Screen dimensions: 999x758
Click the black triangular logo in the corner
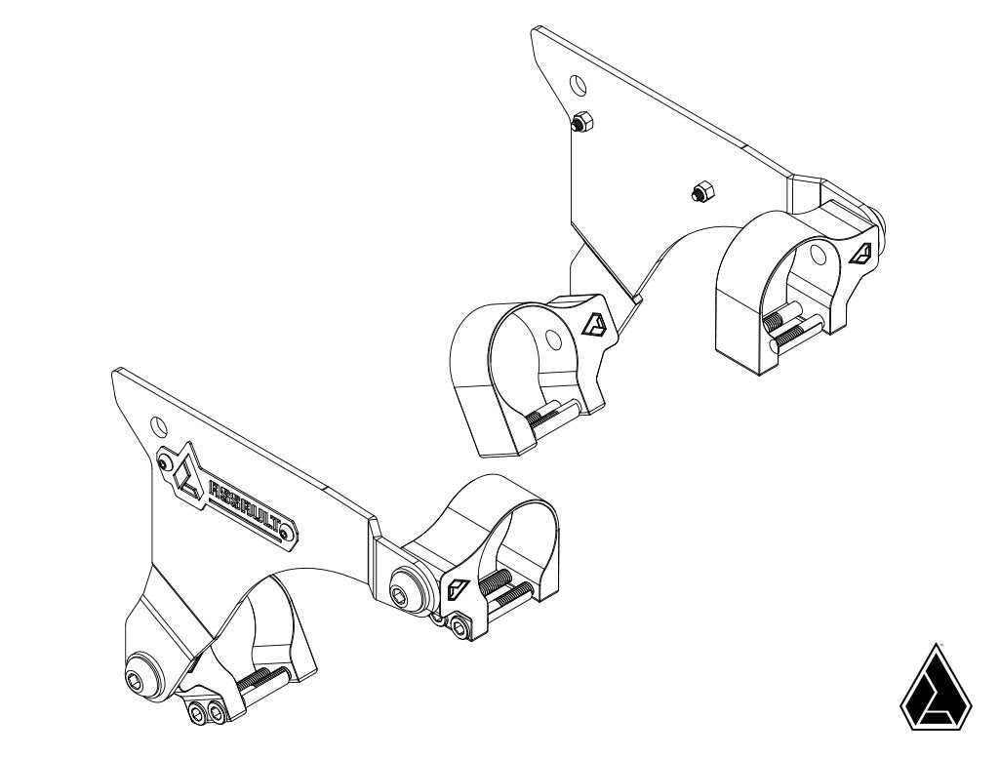[x=936, y=687]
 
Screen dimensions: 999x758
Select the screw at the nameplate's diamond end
[x=166, y=463]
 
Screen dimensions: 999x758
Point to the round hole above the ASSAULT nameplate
[x=157, y=426]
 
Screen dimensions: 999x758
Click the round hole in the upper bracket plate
[x=578, y=85]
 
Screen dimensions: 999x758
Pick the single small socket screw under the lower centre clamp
[x=460, y=628]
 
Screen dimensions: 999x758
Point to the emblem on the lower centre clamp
[x=457, y=588]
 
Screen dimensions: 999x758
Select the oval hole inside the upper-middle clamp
[x=552, y=339]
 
